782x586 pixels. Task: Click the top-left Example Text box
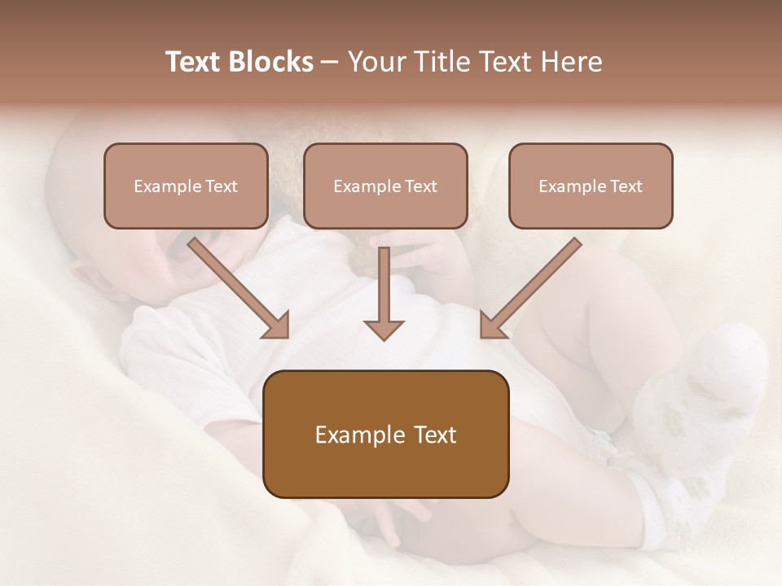click(x=186, y=186)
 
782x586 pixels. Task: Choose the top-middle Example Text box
click(x=385, y=186)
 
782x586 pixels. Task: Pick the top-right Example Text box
click(x=591, y=186)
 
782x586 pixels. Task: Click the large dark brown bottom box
click(x=385, y=434)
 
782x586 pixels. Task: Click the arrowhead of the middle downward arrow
click(x=384, y=329)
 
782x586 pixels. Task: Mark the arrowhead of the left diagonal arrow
click(x=277, y=326)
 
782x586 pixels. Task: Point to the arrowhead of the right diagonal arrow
click(x=492, y=326)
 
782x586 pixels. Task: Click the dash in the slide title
click(x=330, y=63)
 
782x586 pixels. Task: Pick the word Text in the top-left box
click(x=221, y=186)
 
